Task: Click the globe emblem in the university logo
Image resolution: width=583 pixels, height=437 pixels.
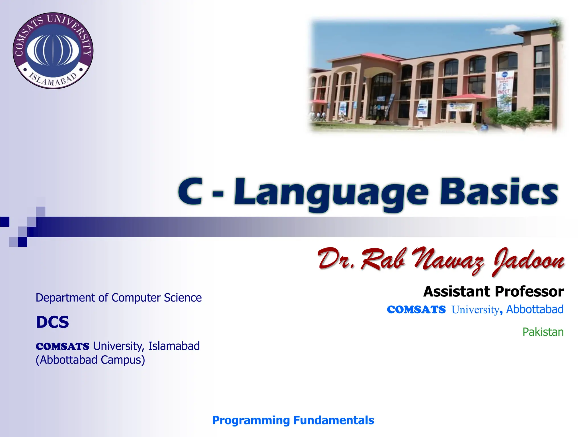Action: point(53,50)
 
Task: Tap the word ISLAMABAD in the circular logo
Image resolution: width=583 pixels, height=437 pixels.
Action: point(53,80)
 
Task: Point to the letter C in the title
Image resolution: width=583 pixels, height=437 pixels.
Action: point(190,191)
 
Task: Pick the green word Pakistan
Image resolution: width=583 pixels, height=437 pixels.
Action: point(543,332)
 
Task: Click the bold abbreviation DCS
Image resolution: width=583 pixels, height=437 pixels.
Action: point(52,322)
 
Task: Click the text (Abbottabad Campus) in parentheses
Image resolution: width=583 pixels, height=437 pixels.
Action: point(90,360)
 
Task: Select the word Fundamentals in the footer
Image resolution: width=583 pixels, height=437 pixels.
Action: point(333,420)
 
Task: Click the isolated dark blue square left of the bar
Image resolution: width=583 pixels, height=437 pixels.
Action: point(5,222)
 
